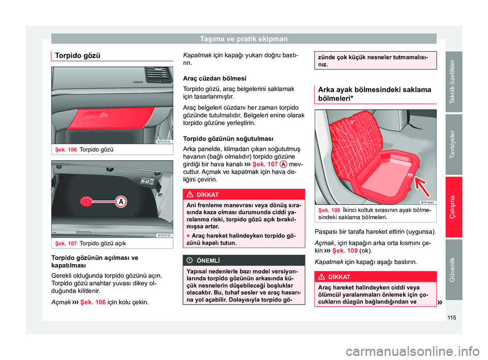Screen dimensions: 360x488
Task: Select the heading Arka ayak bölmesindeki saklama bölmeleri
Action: [x=373, y=95]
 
